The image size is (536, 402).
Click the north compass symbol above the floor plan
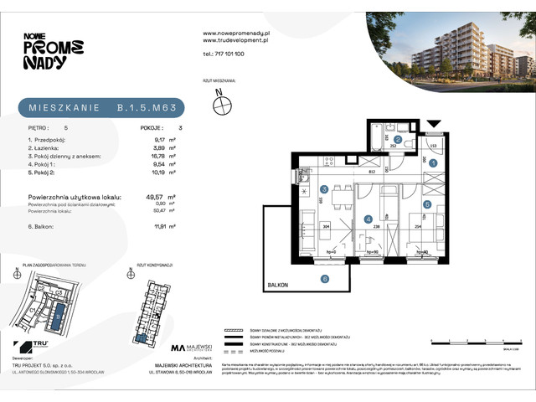pyautogui.click(x=222, y=105)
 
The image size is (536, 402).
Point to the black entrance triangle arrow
pyautogui.click(x=433, y=124)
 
